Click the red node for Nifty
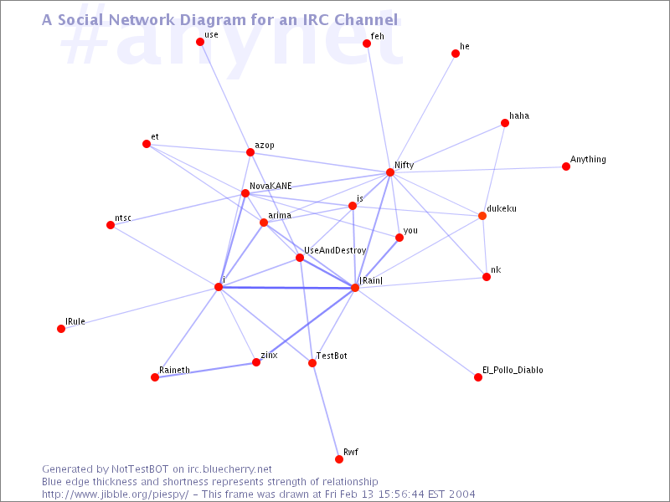click(x=390, y=172)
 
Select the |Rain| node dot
click(x=355, y=288)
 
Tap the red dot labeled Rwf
click(x=339, y=459)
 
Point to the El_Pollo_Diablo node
click(x=478, y=377)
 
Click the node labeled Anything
click(x=566, y=166)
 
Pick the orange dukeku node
click(x=482, y=216)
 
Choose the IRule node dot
click(x=61, y=329)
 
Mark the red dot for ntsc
click(x=111, y=225)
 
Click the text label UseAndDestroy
click(x=335, y=250)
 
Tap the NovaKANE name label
click(x=271, y=186)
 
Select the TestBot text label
click(x=332, y=356)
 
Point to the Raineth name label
click(x=174, y=370)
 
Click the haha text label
click(x=519, y=115)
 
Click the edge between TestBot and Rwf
click(x=326, y=411)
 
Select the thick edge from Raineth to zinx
click(x=205, y=370)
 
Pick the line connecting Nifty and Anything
click(x=478, y=170)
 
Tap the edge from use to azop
click(x=225, y=97)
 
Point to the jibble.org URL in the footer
click(x=115, y=494)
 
